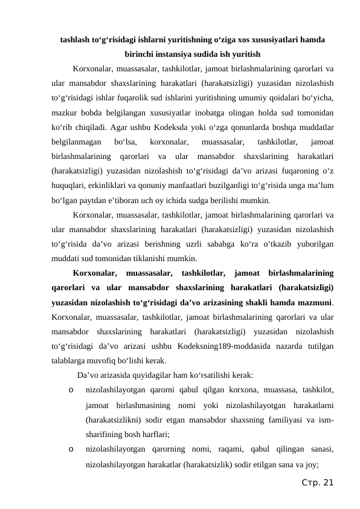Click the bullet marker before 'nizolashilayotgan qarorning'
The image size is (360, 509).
pos(72,449)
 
